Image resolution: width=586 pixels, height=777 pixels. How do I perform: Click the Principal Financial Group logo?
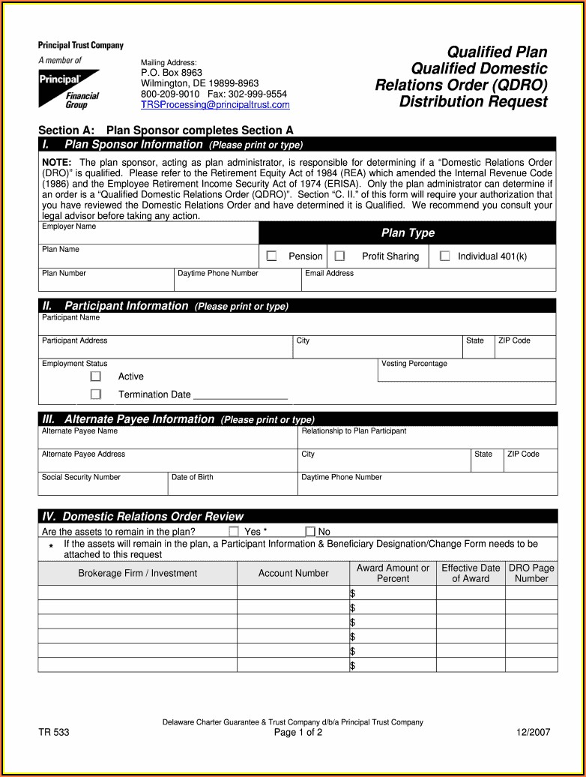click(70, 88)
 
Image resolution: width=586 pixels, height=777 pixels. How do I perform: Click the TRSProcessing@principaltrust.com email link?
click(215, 105)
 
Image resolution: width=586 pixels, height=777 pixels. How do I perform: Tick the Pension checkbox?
click(272, 256)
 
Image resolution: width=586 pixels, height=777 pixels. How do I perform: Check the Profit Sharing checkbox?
click(339, 256)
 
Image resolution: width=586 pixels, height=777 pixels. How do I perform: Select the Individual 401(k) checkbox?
click(445, 256)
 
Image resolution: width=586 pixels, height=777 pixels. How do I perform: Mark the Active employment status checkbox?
click(96, 376)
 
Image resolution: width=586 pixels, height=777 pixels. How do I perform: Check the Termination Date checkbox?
click(96, 394)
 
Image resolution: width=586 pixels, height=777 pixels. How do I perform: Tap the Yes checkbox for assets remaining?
click(234, 532)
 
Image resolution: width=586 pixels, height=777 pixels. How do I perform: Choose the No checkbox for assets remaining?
click(310, 532)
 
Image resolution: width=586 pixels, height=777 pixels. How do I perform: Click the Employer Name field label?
click(69, 226)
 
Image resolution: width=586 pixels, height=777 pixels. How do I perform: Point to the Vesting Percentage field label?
click(414, 364)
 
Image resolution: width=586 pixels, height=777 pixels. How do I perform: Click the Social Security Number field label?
click(81, 477)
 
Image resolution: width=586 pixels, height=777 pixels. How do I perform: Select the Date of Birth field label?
click(192, 477)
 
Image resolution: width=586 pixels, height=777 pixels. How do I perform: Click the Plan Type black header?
click(408, 233)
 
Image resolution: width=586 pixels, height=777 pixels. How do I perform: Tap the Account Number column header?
click(293, 573)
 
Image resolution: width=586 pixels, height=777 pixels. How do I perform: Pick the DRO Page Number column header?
click(531, 573)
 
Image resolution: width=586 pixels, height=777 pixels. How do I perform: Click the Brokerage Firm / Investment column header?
click(138, 573)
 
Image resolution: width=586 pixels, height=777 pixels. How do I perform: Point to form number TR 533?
click(54, 733)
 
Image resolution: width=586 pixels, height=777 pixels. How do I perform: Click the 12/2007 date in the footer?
click(533, 733)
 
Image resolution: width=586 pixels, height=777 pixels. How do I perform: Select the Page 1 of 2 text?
click(298, 733)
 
